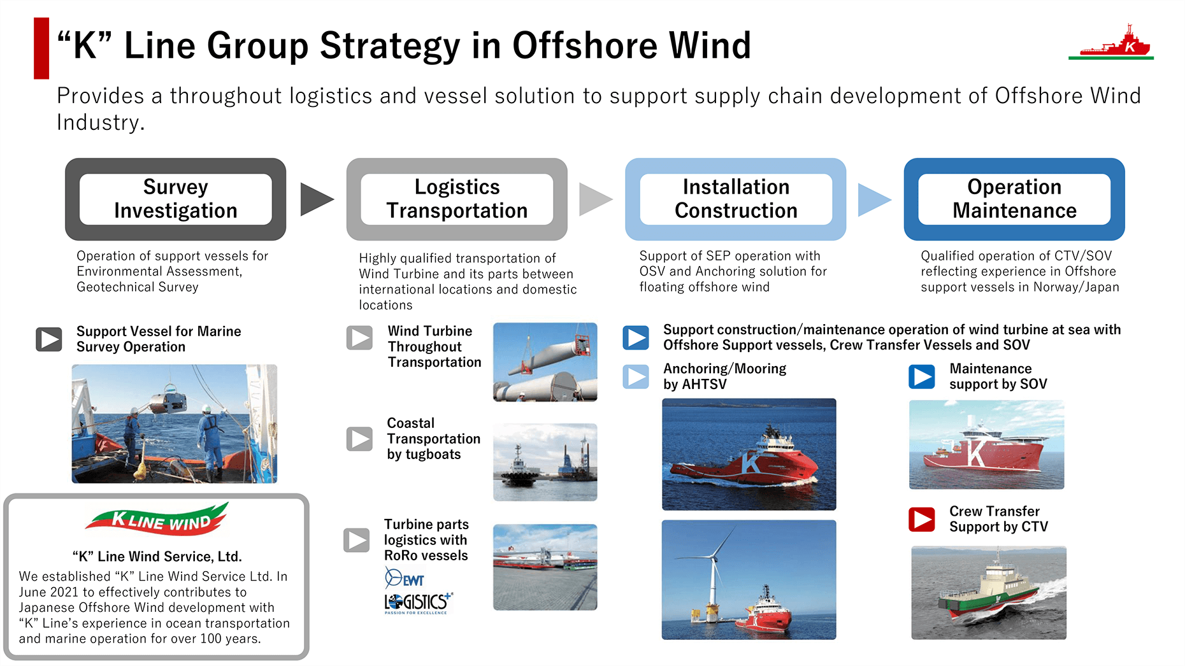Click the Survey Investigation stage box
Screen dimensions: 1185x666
[175, 199]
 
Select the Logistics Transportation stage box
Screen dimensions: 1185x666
[457, 199]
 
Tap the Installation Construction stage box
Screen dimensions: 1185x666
[736, 199]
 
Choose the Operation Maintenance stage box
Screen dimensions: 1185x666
[1014, 199]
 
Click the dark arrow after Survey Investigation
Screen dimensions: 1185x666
[316, 199]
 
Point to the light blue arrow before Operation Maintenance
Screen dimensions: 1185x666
[874, 199]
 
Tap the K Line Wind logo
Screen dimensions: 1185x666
[157, 519]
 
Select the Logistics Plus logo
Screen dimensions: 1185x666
[418, 602]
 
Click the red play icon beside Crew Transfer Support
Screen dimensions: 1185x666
[921, 520]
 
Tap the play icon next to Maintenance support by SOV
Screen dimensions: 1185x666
[921, 377]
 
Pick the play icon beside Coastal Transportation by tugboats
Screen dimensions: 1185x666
[359, 439]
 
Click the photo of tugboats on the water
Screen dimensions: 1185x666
[545, 462]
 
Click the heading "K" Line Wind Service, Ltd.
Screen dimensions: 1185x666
[157, 556]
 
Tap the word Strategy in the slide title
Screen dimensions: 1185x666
[390, 46]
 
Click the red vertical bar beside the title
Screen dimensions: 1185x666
[41, 48]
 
